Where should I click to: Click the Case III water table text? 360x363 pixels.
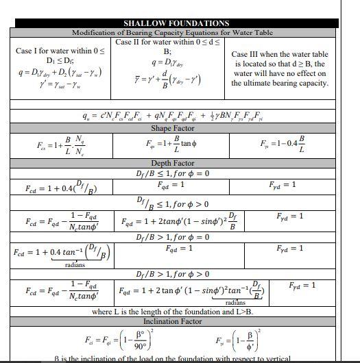pos(279,68)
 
